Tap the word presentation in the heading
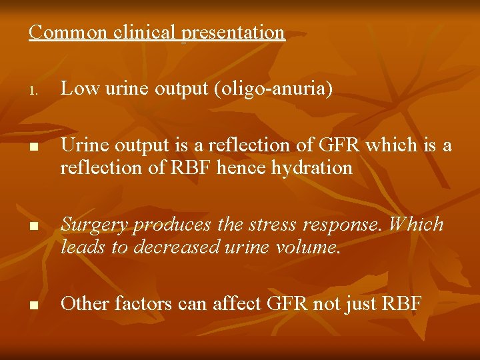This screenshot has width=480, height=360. (x=233, y=33)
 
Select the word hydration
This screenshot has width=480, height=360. (x=312, y=167)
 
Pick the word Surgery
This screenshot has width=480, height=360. (x=95, y=225)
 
